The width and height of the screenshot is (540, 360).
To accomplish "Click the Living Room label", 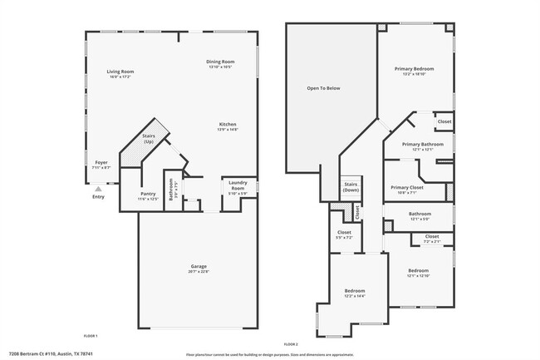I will pyautogui.click(x=120, y=72).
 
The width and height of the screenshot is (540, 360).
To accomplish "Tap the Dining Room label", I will pyautogui.click(x=221, y=61).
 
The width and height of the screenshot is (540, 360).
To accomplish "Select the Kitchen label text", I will pyautogui.click(x=228, y=124).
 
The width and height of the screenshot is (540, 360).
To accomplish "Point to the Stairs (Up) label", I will pyautogui.click(x=149, y=139).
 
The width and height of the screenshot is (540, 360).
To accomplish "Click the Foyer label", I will pyautogui.click(x=101, y=162).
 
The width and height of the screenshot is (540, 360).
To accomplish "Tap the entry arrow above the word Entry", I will pyautogui.click(x=99, y=189).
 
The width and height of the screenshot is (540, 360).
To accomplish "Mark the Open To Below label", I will pyautogui.click(x=323, y=88).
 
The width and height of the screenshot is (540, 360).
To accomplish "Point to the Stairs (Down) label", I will pyautogui.click(x=351, y=186).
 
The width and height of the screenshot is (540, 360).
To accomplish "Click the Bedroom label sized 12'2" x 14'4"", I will pyautogui.click(x=355, y=290).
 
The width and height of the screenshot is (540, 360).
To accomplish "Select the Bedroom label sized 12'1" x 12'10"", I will pyautogui.click(x=418, y=271).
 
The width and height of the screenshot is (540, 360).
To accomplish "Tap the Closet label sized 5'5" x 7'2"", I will pyautogui.click(x=344, y=232).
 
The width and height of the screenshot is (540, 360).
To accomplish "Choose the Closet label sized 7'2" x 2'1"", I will pyautogui.click(x=432, y=236).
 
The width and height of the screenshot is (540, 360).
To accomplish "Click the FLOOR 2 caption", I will pyautogui.click(x=290, y=344).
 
